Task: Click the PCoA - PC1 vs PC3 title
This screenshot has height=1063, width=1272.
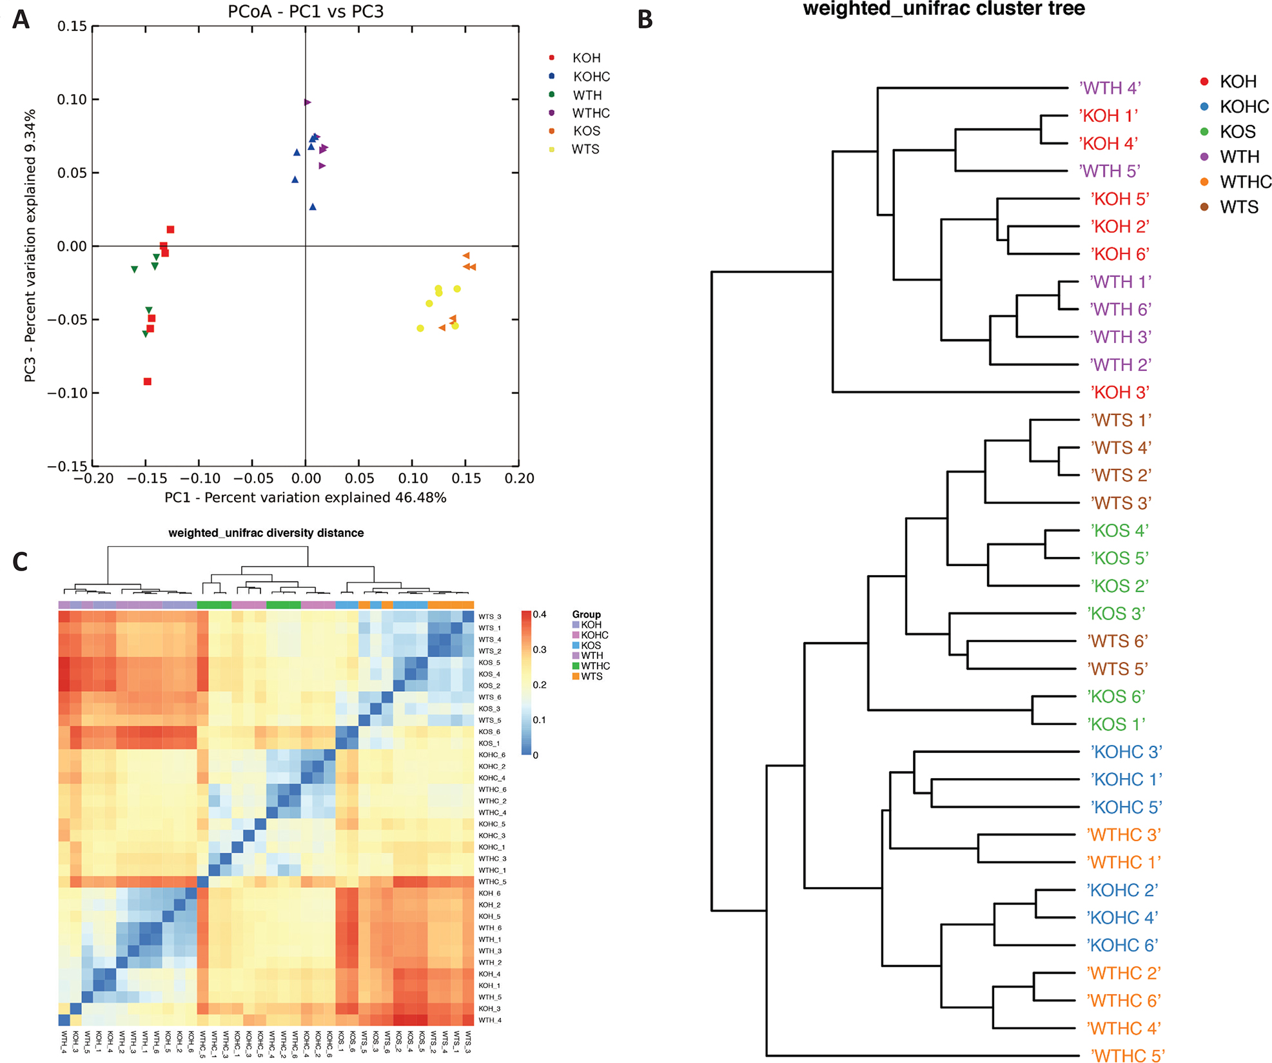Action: pos(306,12)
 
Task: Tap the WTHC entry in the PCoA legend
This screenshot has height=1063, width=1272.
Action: pos(591,113)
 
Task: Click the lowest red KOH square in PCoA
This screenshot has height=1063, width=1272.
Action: pos(148,382)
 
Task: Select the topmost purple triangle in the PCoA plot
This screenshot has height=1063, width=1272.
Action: pos(308,102)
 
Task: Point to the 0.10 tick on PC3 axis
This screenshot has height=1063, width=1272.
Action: pos(72,100)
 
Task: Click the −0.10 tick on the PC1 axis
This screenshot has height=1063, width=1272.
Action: pos(199,478)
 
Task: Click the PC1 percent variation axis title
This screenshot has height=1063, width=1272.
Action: pos(305,498)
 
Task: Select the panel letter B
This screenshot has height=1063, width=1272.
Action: pos(645,20)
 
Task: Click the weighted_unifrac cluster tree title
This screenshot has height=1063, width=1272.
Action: pos(944,9)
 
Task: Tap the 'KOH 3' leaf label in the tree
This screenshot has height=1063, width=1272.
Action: pos(1120,392)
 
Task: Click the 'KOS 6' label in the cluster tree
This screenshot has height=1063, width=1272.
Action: pos(1117,697)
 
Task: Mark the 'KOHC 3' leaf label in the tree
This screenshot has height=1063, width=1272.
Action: pos(1126,752)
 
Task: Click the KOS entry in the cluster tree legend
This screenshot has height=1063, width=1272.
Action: pos(1237,132)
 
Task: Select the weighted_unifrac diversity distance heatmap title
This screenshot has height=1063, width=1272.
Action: pos(266,533)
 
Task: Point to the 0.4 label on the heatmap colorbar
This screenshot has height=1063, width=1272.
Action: pos(540,614)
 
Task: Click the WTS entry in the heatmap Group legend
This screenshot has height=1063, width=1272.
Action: pos(591,676)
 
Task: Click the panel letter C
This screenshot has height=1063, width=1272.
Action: pos(20,562)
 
